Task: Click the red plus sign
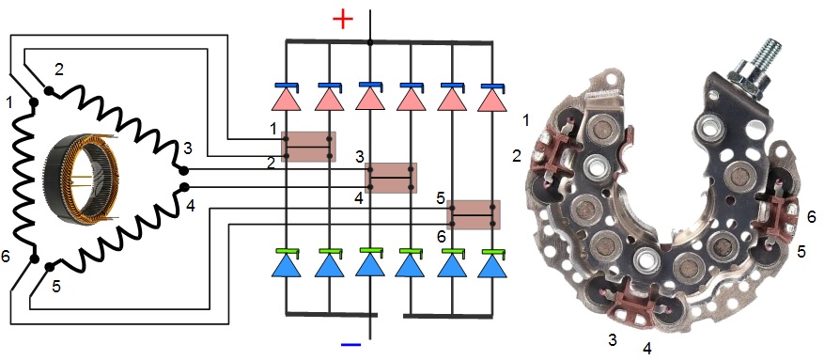point(343,20)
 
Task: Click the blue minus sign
point(350,345)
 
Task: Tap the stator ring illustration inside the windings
point(82,180)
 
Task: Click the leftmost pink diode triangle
point(287,100)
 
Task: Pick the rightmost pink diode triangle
point(492,101)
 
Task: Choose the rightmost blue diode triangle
point(492,266)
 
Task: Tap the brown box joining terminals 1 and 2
point(309,147)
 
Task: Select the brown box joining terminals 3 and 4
point(391,178)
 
